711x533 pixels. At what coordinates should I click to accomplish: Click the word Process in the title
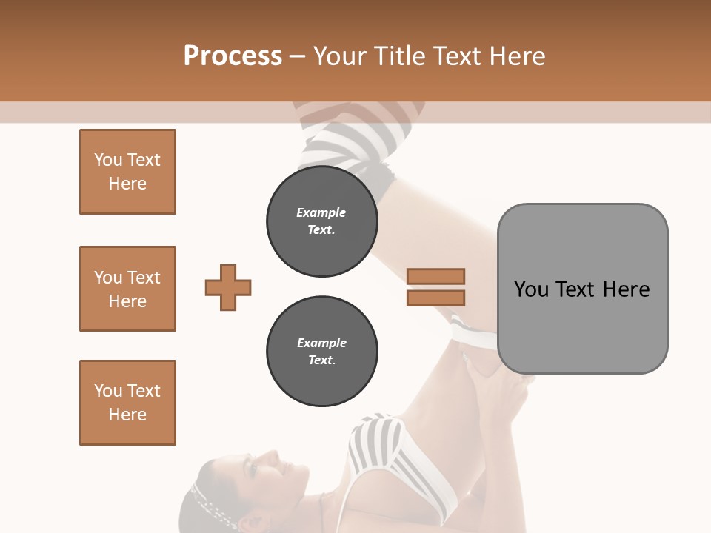233,56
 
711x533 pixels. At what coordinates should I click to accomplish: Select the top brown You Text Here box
127,172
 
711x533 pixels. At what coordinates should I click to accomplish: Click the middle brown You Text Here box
127,289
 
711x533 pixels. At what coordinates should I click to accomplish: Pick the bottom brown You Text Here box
127,402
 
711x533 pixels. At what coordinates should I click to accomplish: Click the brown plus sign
228,287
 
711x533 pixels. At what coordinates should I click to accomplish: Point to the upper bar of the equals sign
435,277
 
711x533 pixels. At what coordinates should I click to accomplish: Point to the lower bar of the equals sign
435,298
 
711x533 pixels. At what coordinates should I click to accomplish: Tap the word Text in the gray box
576,289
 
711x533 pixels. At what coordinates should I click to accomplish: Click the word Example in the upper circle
321,212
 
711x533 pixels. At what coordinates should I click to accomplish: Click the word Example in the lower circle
321,343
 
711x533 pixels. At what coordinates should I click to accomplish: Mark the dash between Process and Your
298,56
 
